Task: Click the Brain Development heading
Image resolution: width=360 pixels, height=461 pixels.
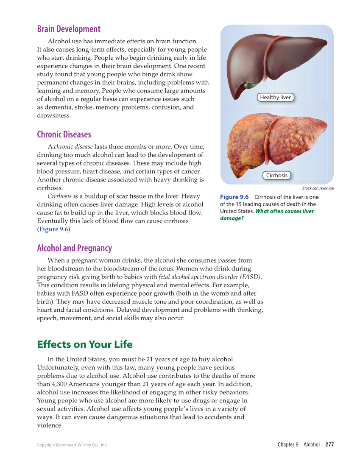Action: (69, 29)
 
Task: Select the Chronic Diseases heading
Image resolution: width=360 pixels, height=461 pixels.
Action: (64, 134)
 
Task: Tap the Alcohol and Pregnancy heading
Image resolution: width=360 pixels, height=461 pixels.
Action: (74, 248)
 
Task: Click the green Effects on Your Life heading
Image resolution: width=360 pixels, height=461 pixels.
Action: (85, 344)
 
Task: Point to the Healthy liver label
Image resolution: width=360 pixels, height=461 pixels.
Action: (275, 98)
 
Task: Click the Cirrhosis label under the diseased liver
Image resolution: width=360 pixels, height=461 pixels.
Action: (276, 175)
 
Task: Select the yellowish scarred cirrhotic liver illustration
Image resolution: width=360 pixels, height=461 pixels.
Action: (276, 140)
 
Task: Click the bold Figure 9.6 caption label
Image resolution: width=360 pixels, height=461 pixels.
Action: (234, 197)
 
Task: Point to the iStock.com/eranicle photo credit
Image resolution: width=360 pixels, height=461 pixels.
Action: (317, 188)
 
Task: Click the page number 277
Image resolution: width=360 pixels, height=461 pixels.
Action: (329, 444)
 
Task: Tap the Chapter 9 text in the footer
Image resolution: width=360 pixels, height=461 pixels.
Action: (288, 444)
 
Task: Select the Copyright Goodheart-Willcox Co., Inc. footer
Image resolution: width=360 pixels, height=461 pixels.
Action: (72, 445)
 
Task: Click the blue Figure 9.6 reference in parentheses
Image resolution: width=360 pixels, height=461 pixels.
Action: (53, 229)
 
